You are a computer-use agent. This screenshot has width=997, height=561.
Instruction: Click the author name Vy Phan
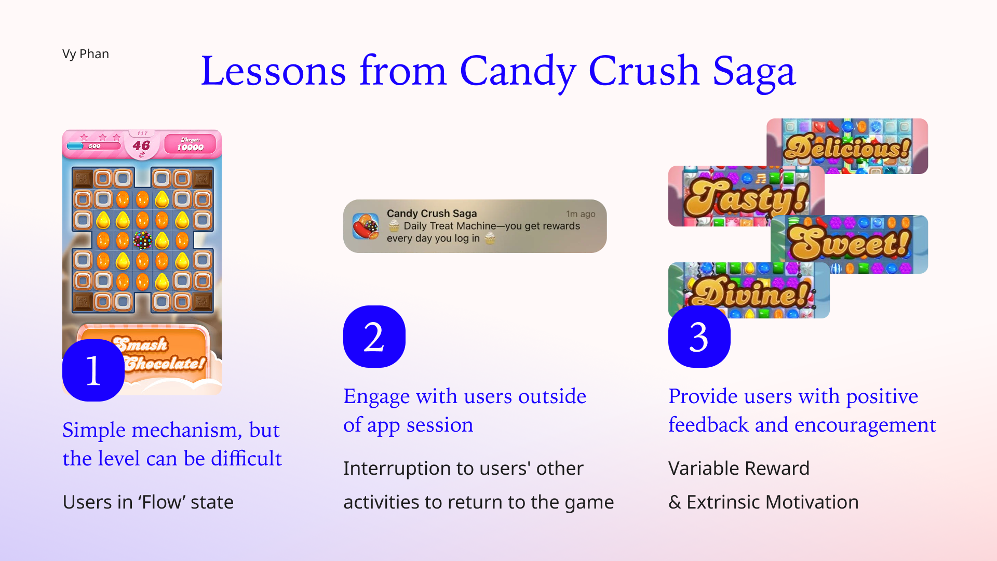(x=86, y=54)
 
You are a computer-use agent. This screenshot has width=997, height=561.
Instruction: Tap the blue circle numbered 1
(x=93, y=370)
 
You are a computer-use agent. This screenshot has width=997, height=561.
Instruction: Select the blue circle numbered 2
(x=374, y=337)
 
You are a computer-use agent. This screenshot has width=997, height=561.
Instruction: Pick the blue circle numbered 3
(x=699, y=337)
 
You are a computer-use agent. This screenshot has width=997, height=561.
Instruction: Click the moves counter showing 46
(x=141, y=145)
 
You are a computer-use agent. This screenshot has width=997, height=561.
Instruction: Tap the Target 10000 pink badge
(x=190, y=144)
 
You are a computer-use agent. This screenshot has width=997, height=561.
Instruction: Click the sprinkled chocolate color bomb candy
(x=142, y=240)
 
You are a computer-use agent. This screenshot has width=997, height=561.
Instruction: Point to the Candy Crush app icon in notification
(x=366, y=226)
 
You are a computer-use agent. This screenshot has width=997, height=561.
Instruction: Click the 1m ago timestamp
(x=581, y=214)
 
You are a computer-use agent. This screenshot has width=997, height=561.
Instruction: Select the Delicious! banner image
(x=847, y=146)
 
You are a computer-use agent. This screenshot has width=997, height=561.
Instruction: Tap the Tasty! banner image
(x=746, y=196)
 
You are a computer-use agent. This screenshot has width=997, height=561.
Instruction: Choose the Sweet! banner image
(x=850, y=244)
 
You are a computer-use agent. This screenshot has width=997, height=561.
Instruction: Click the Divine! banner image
(x=749, y=290)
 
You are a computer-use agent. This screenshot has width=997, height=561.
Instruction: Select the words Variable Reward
(x=739, y=469)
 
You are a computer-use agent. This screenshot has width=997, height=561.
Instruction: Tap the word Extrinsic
(x=723, y=502)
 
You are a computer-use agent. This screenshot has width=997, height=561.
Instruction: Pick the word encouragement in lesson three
(x=865, y=425)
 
